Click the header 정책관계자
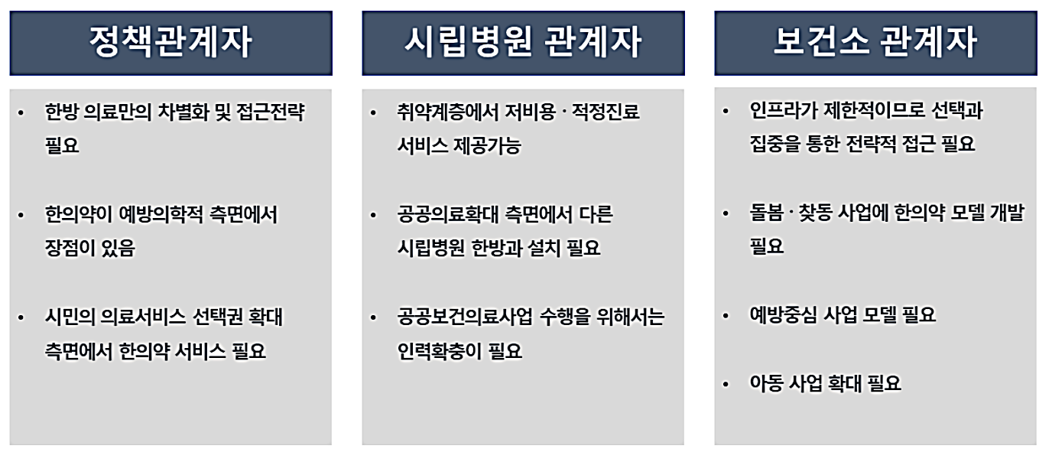point(170,43)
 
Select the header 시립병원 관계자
point(523,43)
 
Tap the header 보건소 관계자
point(875,43)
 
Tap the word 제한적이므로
point(869,111)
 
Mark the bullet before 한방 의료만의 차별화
point(21,114)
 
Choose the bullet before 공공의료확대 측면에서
point(373,216)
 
